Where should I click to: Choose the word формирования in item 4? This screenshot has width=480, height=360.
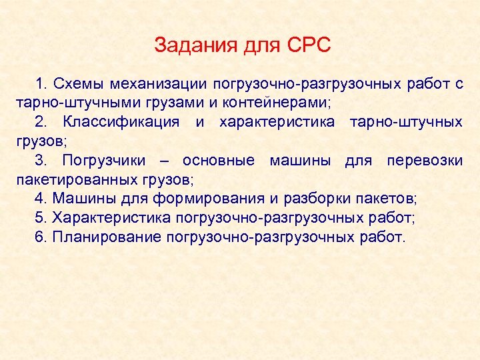coord(209,199)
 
